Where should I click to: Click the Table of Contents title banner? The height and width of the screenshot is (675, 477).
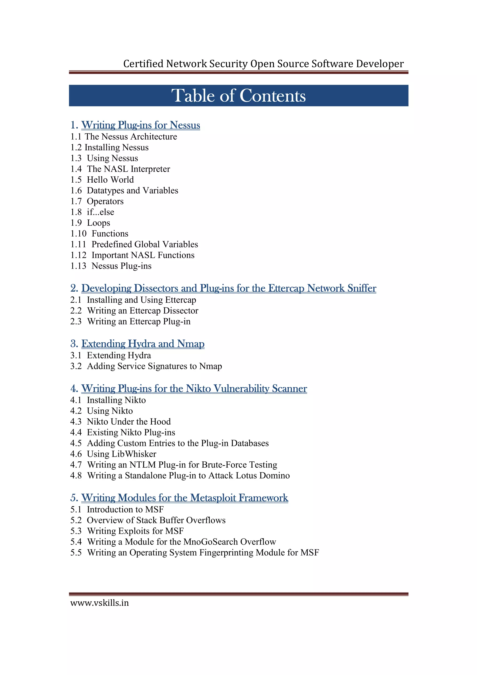pyautogui.click(x=238, y=95)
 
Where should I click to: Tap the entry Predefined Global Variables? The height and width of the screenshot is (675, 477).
pyautogui.click(x=145, y=244)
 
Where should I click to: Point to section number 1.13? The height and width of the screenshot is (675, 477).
pyautogui.click(x=78, y=266)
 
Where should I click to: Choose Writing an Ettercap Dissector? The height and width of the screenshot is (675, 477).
pyautogui.click(x=143, y=311)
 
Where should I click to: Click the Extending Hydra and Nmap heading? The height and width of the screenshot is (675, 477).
pyautogui.click(x=143, y=344)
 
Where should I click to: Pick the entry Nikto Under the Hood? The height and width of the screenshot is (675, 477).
pyautogui.click(x=129, y=422)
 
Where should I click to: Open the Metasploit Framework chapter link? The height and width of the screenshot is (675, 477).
pyautogui.click(x=184, y=498)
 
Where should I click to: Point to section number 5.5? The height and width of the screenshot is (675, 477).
pyautogui.click(x=76, y=553)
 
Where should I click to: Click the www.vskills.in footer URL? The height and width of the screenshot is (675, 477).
pyautogui.click(x=99, y=603)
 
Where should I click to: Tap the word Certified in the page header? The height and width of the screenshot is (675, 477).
pyautogui.click(x=143, y=64)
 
